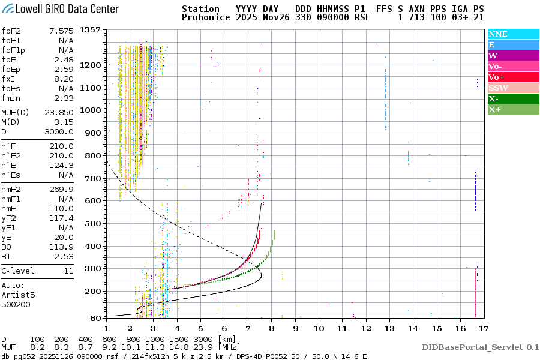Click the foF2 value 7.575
coord(62,31)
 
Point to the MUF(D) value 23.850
coord(59,112)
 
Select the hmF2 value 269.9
coord(62,189)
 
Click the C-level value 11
coord(68,271)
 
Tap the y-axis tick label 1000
coord(91,110)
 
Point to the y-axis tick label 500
coord(94,224)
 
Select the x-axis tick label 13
coord(389,329)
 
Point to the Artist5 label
coord(18,295)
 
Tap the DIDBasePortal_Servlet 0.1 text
coord(480,347)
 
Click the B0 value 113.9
coord(62,247)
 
